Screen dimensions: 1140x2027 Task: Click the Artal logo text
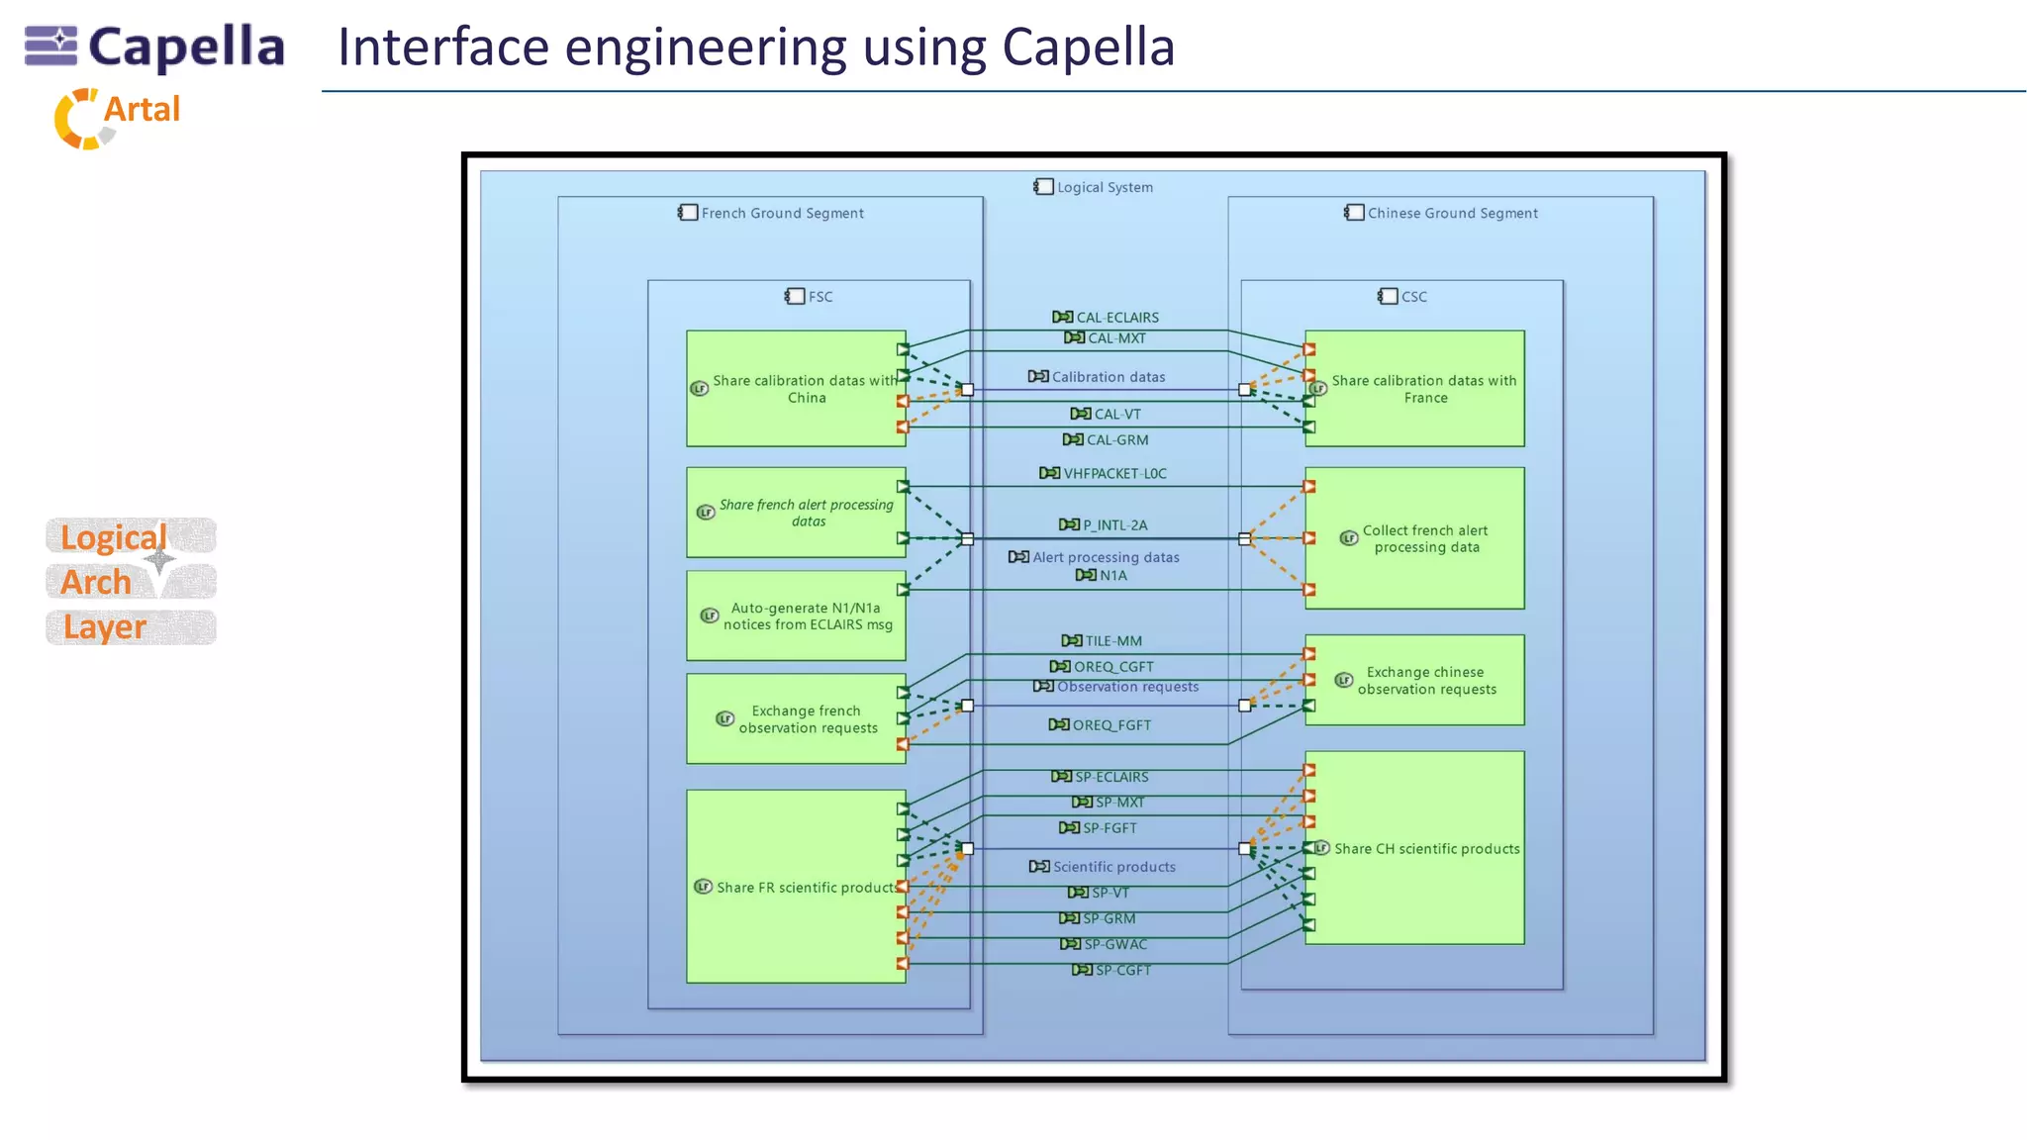142,109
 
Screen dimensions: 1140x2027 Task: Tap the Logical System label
1104,187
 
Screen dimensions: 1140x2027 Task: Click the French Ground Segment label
781,213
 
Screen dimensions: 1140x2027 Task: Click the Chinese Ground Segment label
1451,213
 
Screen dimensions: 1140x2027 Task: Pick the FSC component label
819,297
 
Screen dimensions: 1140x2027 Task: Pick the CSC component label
1412,297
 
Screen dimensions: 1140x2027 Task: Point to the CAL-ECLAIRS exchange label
1116,318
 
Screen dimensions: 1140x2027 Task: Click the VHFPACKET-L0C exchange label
1113,474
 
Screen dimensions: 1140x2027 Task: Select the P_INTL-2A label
1113,525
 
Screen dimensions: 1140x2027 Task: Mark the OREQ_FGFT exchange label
1110,725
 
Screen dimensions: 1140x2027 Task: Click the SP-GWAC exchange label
1114,945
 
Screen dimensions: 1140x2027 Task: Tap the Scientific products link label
1113,867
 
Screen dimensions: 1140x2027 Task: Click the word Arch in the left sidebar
96,582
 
